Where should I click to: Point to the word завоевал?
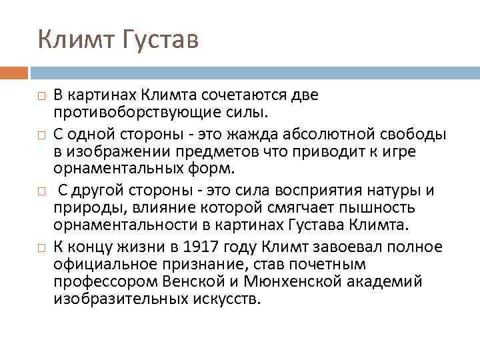click(x=317, y=247)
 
